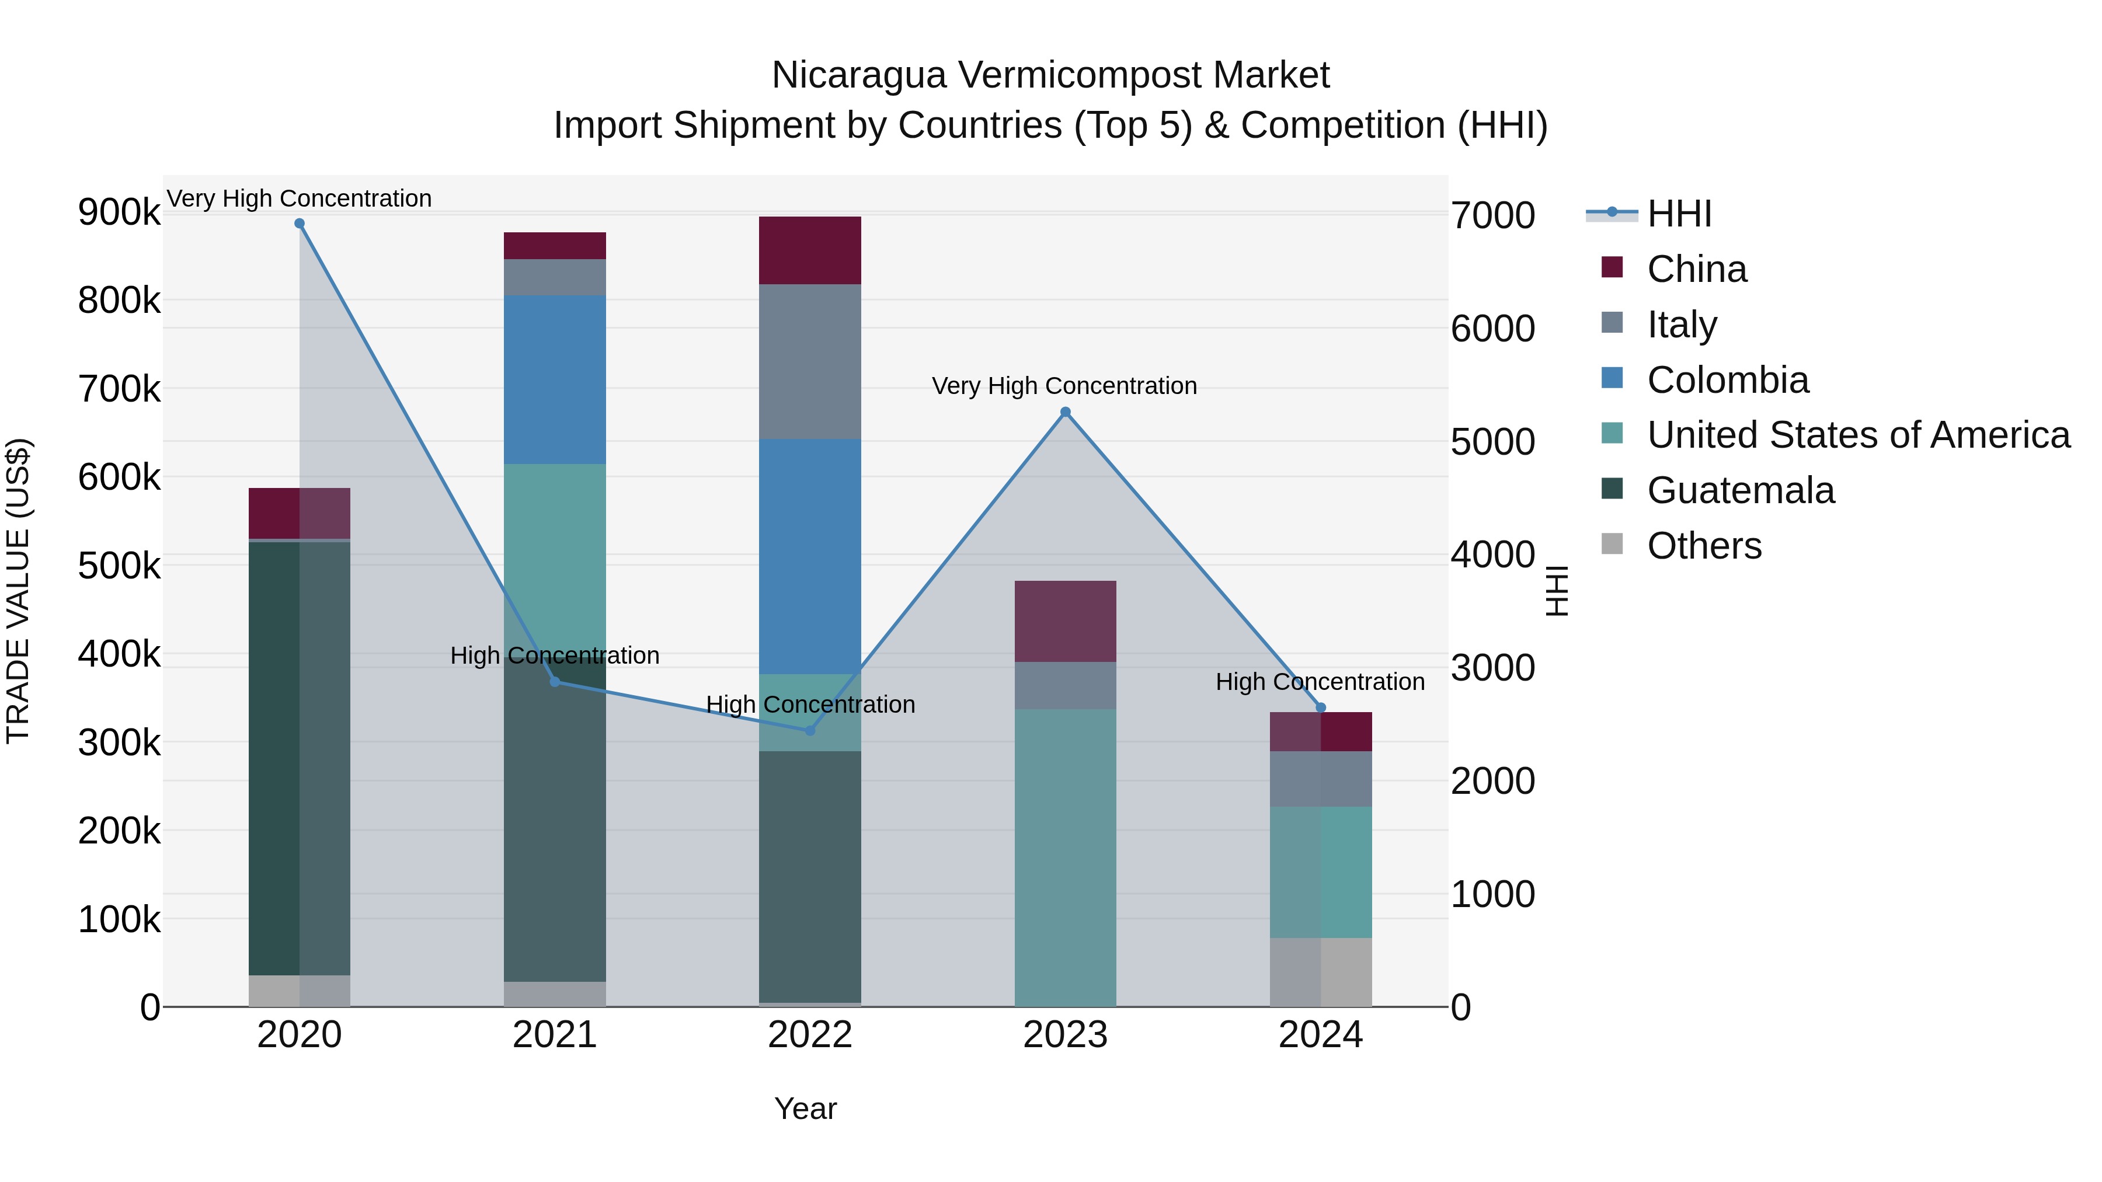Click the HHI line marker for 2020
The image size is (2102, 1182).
click(x=300, y=224)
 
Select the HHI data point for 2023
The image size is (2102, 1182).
click(x=1065, y=413)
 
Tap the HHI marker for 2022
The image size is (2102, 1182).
click(x=809, y=731)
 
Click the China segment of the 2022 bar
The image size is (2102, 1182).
click(x=809, y=250)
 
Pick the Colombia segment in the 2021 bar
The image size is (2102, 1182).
click(x=554, y=379)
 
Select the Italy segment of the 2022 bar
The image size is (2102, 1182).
click(x=809, y=361)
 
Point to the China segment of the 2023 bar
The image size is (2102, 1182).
click(x=1065, y=621)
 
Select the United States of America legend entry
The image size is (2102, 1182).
click(x=1857, y=435)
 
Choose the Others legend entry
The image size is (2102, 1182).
click(x=1704, y=546)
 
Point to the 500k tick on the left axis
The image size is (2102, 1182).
click(x=119, y=565)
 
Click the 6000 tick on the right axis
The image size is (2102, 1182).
click(x=1492, y=329)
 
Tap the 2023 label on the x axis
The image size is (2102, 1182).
click(x=1065, y=1035)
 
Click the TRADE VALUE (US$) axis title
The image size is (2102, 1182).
click(x=19, y=591)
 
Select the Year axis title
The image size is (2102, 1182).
click(x=805, y=1108)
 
